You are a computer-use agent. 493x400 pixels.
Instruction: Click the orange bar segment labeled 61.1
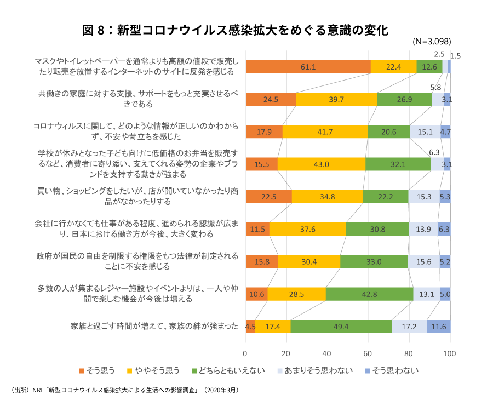click(308, 67)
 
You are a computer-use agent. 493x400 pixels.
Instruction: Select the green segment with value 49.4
click(341, 327)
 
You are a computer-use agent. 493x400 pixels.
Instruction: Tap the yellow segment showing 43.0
click(321, 164)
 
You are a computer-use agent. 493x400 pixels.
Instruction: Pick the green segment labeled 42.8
click(369, 294)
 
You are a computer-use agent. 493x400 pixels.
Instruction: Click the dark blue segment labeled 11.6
click(438, 327)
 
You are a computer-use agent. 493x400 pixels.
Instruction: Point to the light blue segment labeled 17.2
click(409, 327)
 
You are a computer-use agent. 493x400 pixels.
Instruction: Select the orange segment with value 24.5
click(271, 99)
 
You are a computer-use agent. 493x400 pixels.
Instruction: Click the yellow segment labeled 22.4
click(393, 67)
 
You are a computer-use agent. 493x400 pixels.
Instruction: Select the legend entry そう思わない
click(391, 371)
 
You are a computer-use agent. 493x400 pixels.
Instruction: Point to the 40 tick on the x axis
click(328, 353)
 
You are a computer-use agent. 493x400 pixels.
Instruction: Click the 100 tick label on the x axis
click(450, 353)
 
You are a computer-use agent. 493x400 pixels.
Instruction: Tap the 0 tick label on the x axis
click(245, 353)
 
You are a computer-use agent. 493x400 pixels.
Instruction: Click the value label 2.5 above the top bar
click(439, 54)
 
